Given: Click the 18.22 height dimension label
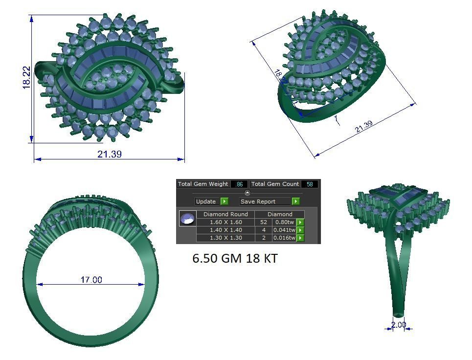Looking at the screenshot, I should pos(26,78).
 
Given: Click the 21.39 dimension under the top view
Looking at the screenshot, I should pos(109,154).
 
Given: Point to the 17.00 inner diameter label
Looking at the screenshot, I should pos(91,280).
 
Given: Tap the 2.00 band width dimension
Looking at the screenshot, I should pos(398,325).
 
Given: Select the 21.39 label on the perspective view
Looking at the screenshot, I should pos(363,127).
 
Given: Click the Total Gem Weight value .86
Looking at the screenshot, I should pos(239,184).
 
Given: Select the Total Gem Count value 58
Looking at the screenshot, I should pos(309,184).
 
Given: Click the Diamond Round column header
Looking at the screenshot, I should pos(225,214).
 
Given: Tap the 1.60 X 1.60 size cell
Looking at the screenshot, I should pos(225,222).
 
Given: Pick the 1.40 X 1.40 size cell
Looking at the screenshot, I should pos(225,230).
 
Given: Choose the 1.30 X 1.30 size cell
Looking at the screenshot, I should pos(225,238).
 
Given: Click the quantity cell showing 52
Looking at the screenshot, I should pos(264,222).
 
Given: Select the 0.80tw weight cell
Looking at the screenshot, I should pos(285,222).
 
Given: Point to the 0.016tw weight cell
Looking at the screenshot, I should pos(285,238).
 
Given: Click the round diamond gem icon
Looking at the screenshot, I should pos(187,219).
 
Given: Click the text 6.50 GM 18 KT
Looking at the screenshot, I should pos(235,259).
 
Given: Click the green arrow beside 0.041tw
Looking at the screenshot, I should pos(300,230).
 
